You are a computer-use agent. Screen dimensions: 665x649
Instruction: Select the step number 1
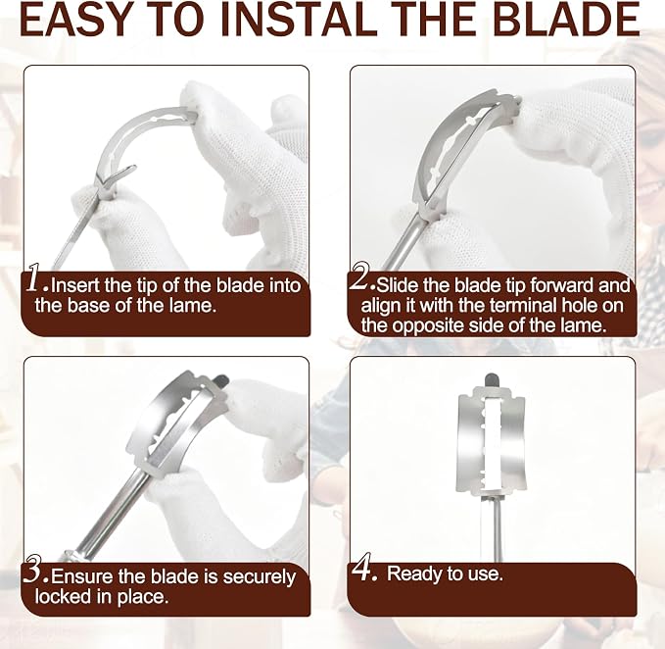[x=35, y=278]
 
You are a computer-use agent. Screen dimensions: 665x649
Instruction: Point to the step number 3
[x=35, y=570]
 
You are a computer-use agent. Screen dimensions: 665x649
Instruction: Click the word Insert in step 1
[x=75, y=285]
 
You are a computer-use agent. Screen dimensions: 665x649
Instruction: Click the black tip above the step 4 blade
[x=491, y=379]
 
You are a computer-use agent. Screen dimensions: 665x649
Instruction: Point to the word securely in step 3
[x=260, y=577]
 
